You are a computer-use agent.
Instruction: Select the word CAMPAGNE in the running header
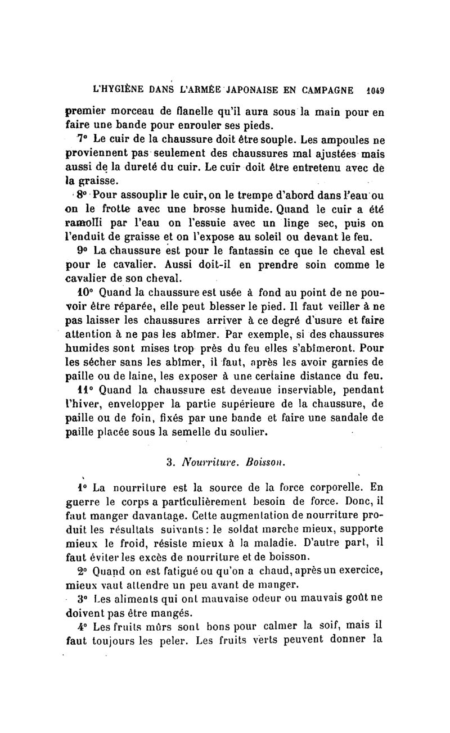[x=322, y=89]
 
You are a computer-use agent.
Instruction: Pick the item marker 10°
[x=84, y=293]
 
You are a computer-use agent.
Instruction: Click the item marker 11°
[x=85, y=389]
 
